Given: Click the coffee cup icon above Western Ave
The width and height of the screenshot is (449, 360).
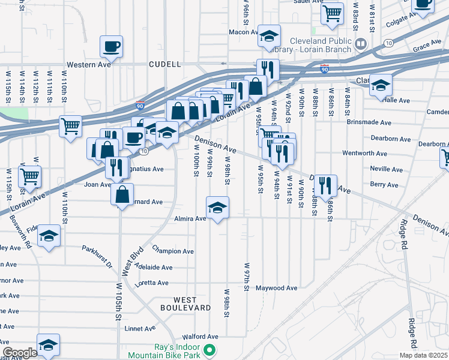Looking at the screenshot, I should [112, 46].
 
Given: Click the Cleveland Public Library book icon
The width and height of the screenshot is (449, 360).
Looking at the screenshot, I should [360, 43].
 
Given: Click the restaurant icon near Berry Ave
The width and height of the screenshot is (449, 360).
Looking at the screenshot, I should [325, 185].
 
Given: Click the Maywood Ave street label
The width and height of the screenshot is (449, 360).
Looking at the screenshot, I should [277, 288].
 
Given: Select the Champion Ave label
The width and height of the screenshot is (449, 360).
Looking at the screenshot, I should [173, 251].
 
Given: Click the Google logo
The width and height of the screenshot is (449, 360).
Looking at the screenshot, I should [20, 352].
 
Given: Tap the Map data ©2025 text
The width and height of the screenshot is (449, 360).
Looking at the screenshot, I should [422, 355].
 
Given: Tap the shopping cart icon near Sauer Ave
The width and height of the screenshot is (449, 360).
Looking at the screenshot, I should [331, 13].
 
